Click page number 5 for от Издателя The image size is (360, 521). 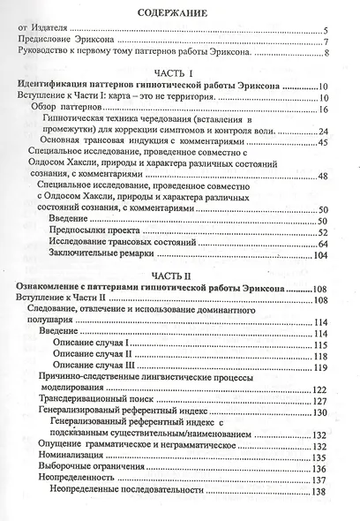(x=326, y=32)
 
